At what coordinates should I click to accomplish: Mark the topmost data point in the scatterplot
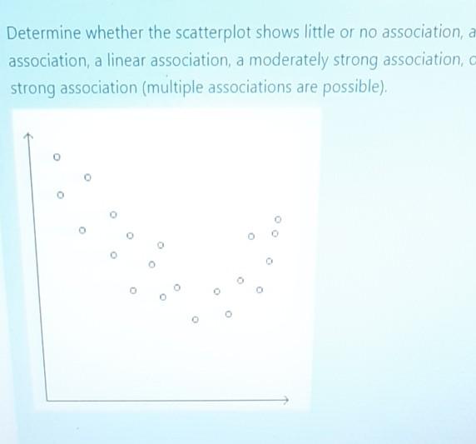point(57,157)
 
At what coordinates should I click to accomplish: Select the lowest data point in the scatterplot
point(196,319)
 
